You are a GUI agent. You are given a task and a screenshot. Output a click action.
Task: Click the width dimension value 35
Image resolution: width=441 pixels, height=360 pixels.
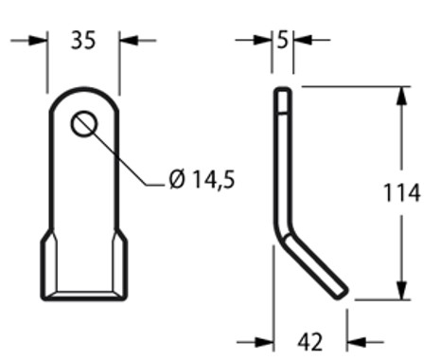tap(82, 40)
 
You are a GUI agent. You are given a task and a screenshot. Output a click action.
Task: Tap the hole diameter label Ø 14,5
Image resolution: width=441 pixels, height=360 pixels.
tap(201, 180)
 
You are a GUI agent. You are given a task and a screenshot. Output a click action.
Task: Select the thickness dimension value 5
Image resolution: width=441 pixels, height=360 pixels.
tap(283, 40)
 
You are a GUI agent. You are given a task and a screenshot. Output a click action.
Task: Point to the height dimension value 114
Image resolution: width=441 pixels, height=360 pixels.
tap(402, 193)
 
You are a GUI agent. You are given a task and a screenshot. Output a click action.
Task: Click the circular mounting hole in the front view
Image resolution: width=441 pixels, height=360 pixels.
tap(83, 123)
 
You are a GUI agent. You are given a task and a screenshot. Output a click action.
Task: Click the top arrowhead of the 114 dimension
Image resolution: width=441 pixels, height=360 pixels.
tap(402, 96)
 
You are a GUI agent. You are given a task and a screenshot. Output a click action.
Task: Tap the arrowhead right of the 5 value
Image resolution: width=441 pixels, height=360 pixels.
tap(300, 40)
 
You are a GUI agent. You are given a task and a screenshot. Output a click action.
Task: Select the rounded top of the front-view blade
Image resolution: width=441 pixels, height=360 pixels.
tap(83, 92)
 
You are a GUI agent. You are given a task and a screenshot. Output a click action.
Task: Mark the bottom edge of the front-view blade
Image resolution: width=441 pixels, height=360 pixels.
tap(83, 298)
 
